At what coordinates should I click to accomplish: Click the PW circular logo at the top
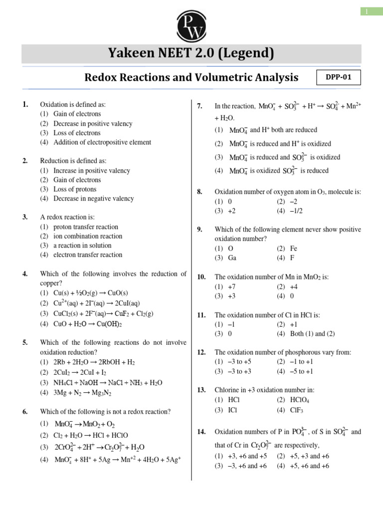[191, 26]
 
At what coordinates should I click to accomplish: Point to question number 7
[199, 106]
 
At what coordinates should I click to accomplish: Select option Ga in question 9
[232, 257]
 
